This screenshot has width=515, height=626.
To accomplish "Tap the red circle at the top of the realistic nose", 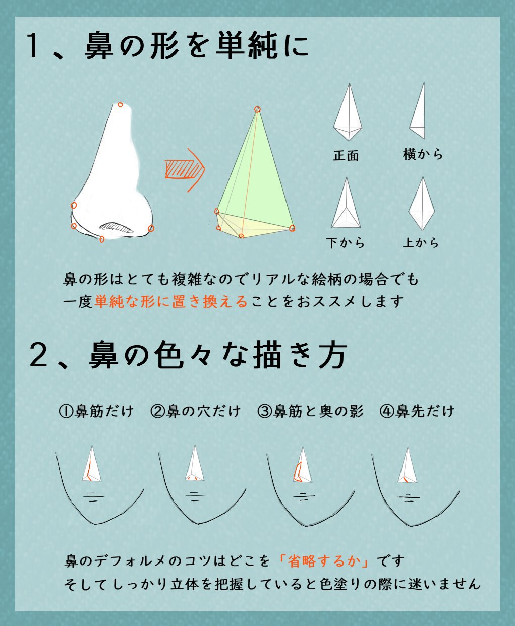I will tap(120, 105).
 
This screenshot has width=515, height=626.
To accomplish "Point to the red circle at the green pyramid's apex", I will tap(257, 109).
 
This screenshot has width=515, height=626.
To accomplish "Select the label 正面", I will tap(346, 156).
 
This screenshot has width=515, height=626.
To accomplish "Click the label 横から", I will tap(423, 154).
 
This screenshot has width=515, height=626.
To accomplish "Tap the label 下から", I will tap(346, 243).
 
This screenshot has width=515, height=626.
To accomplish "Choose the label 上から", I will tap(421, 243).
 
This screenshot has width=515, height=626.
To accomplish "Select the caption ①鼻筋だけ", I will tap(96, 411).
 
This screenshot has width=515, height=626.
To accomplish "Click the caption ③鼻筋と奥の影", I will tap(310, 411).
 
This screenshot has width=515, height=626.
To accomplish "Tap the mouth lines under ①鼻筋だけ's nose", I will tap(92, 497).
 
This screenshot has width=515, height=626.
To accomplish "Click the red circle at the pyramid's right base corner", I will tap(292, 228).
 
